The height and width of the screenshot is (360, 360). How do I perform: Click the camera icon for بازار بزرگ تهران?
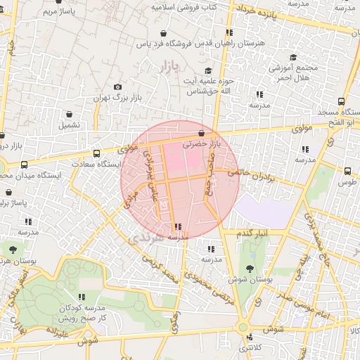(x=117, y=86)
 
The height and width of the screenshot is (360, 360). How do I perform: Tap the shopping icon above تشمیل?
(x=69, y=114)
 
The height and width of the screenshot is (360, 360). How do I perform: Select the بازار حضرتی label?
(x=202, y=143)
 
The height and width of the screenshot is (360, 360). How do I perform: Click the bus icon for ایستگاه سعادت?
(x=96, y=153)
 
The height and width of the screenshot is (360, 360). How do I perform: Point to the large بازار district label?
(x=166, y=67)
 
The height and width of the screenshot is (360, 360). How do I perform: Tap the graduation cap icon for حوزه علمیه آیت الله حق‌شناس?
(x=207, y=71)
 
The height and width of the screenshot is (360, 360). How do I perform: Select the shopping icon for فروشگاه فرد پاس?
(x=164, y=33)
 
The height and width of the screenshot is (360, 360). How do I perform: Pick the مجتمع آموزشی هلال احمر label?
(x=293, y=72)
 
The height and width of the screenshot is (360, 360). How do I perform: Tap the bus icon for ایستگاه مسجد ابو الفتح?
(x=342, y=101)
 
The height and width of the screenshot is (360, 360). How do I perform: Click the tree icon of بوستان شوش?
(x=251, y=267)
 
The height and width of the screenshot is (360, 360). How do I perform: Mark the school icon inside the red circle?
(x=177, y=226)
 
